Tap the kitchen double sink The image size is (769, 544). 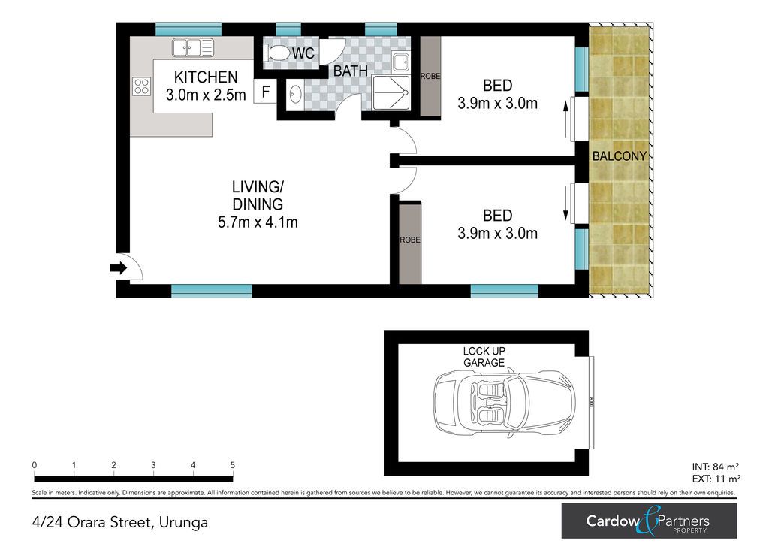pos(193,48)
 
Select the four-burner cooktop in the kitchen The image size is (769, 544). pos(142,86)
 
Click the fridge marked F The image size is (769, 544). pos(266,92)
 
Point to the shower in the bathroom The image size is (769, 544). pos(391,92)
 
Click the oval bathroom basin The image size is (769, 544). pos(295,94)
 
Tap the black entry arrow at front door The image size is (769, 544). pos(118,267)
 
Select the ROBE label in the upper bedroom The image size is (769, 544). pos(430,77)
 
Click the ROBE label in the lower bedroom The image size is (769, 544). pos(410,240)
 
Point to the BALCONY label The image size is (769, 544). pos(619,156)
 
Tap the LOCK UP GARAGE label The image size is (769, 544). pos(484,357)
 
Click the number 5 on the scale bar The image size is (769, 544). pos(233,465)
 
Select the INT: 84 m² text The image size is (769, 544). pos(716,467)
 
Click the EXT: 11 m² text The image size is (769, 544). pos(716,479)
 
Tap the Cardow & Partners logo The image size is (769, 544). pos(649,521)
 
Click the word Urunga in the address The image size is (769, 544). pos(183,523)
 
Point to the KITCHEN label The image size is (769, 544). pos(206,77)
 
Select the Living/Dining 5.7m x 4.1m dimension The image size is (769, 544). pos(258,222)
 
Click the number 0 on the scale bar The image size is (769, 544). pos(35,465)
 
